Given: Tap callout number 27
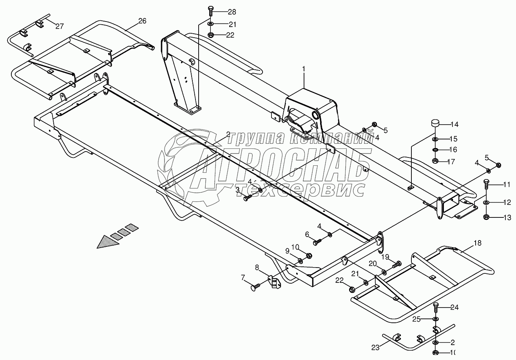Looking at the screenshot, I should pyautogui.click(x=59, y=26).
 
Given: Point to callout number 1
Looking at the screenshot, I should pyautogui.click(x=304, y=69).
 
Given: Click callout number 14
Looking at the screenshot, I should pyautogui.click(x=454, y=125).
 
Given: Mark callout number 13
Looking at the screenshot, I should pyautogui.click(x=507, y=218).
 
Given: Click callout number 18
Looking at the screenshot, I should pyautogui.click(x=477, y=243).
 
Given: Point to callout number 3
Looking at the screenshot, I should pyautogui.click(x=237, y=190).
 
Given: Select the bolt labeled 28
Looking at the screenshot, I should pyautogui.click(x=210, y=11).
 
